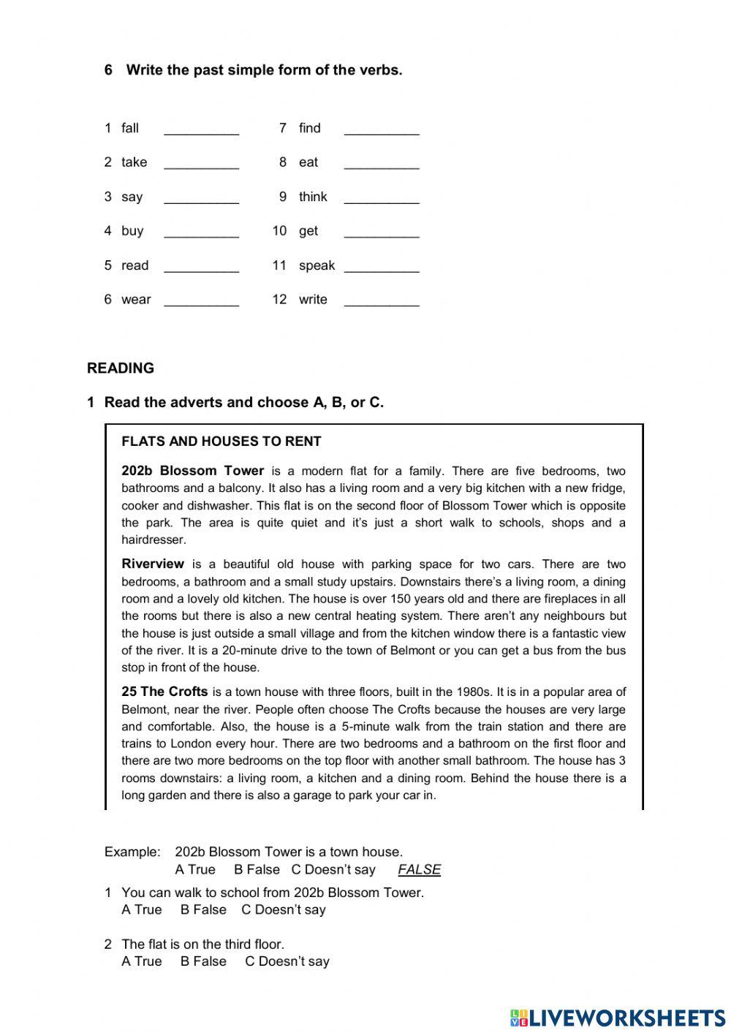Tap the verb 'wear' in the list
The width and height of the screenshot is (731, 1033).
coord(136,300)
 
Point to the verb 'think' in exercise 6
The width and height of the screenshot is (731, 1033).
coord(313,197)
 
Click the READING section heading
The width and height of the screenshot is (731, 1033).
coord(121,368)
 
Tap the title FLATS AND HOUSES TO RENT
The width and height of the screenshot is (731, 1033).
coord(221,442)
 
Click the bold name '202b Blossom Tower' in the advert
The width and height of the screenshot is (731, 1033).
coord(192,471)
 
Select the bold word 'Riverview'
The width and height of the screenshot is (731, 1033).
coord(153,564)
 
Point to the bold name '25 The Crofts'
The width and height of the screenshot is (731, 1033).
coord(164,692)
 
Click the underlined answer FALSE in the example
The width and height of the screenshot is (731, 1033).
coord(419,870)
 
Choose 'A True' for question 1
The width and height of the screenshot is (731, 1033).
coord(142,910)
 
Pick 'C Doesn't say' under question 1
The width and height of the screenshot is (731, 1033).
coord(284,910)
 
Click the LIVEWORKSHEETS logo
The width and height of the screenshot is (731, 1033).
coord(617,1017)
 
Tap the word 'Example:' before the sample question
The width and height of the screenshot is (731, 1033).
coord(132,852)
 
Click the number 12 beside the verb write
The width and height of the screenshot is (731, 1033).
coord(279,300)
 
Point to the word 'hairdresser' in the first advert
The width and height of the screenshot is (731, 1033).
coord(154,540)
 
